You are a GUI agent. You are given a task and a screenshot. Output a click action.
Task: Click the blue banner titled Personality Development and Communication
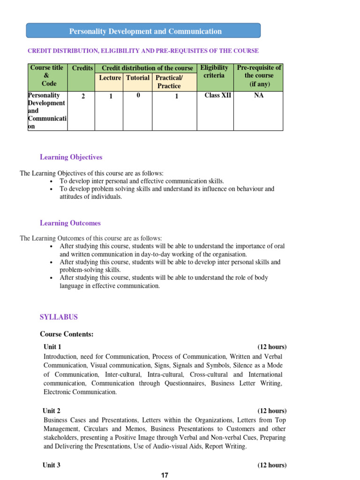coord(143,31)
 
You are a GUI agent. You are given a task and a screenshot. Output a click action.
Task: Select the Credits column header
coord(82,68)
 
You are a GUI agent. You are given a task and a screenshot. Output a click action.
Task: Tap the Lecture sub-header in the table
coord(110,78)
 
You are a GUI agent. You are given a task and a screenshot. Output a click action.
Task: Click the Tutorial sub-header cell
coord(138,78)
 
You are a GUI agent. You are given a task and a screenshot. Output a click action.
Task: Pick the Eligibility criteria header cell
coord(215,72)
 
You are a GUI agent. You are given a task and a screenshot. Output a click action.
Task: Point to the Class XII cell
coord(218,96)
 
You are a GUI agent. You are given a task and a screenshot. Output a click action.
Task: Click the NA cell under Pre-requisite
coord(259,96)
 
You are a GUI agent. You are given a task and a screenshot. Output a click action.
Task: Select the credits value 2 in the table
coord(83,97)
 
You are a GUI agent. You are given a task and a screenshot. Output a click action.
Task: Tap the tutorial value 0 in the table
coord(138,96)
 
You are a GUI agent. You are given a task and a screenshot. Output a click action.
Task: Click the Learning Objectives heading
coord(71,157)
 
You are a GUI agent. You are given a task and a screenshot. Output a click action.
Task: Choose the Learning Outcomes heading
coord(70,223)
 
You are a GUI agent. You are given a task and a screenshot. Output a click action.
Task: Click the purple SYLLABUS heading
coord(59,317)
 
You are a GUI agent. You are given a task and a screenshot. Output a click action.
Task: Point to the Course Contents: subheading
coord(67,334)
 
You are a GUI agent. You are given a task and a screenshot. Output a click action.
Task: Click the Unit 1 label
coord(52,347)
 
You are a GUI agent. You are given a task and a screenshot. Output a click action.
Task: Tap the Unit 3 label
coord(52,465)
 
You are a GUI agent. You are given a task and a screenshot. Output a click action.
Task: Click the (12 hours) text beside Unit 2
coord(272,411)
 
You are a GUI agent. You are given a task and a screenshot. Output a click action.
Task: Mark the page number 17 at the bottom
coord(165,475)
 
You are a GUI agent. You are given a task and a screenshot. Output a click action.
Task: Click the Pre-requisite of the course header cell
coord(259,75)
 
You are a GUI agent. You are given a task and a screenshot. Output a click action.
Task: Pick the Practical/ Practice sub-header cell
coord(169,82)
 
